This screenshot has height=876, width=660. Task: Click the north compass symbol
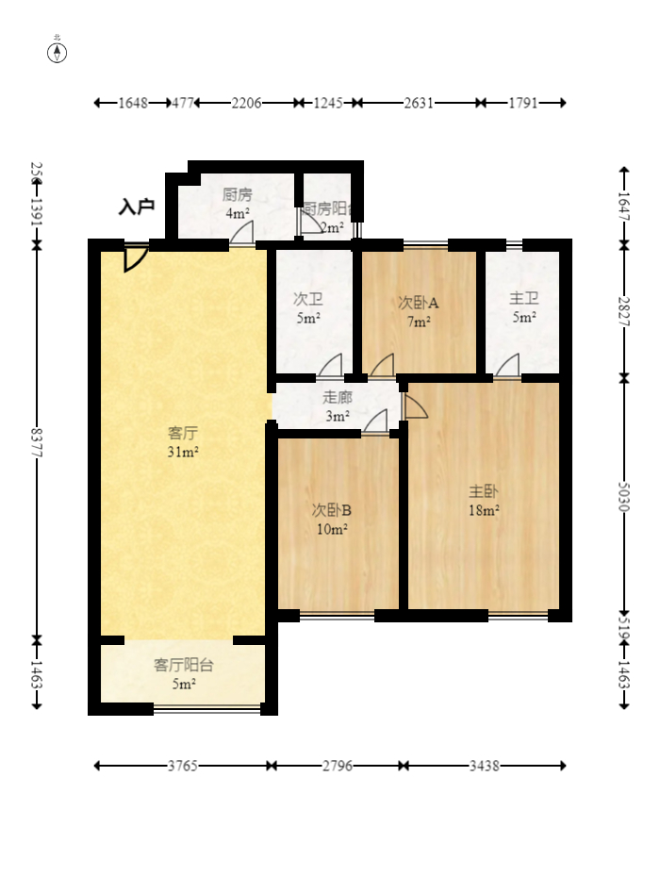58,52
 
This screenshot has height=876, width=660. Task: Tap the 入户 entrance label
137,207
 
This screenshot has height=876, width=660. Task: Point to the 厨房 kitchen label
237,195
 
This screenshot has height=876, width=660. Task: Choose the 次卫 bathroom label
308,299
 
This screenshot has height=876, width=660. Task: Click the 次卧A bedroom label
419,303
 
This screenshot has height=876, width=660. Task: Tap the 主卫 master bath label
524,299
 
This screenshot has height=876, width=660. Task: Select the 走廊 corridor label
338,398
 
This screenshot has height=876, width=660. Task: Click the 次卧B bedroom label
332,510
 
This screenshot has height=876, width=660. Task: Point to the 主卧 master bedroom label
484,491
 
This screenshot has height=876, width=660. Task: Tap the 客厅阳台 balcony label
184,665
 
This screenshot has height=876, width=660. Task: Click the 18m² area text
484,510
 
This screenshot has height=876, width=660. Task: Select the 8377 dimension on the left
37,443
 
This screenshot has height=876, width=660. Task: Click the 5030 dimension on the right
623,495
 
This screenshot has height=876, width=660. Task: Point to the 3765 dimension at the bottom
183,766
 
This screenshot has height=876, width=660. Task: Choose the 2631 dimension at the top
419,103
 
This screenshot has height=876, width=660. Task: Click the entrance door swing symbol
135,257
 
